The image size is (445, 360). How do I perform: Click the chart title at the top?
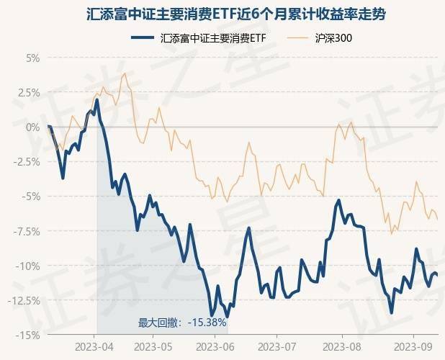pyautogui.click(x=223, y=12)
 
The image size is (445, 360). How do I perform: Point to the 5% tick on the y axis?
pyautogui.click(x=32, y=58)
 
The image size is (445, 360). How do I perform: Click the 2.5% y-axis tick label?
pyautogui.click(x=28, y=92)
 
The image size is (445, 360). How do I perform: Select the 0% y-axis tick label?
pyautogui.click(x=32, y=127)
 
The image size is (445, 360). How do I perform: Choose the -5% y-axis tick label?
pyautogui.click(x=31, y=196)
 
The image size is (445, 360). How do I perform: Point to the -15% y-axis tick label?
pyautogui.click(x=29, y=335)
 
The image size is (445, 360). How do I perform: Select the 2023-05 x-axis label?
pyautogui.click(x=153, y=346)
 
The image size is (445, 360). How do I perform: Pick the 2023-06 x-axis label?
pyautogui.click(x=213, y=346)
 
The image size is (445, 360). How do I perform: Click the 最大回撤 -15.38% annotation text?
pyautogui.click(x=182, y=323)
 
